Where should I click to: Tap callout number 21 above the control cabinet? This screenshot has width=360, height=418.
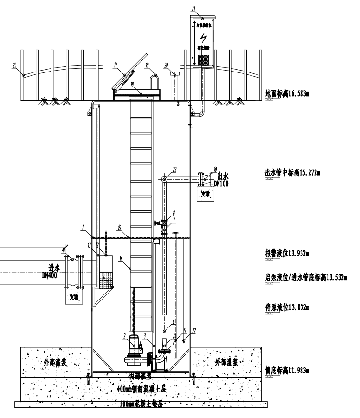click(193, 8)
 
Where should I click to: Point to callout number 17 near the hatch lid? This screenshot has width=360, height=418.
click(115, 66)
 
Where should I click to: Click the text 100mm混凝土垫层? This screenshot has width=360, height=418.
click(142, 404)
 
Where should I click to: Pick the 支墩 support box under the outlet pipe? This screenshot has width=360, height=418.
click(205, 194)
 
